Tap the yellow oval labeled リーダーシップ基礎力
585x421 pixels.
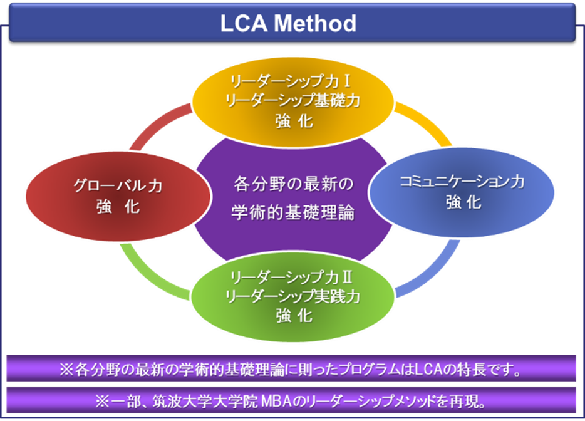click(x=293, y=100)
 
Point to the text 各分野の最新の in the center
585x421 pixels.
click(x=292, y=185)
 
